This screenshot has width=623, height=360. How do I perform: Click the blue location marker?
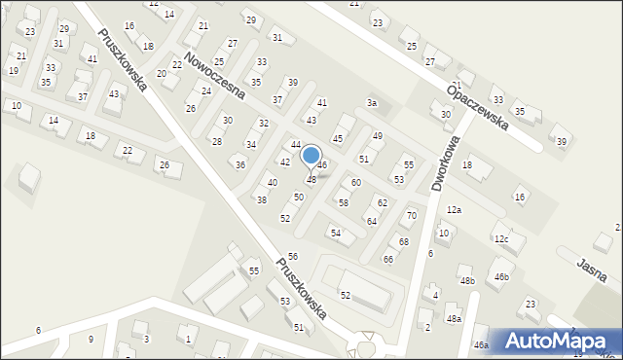coord(311,156)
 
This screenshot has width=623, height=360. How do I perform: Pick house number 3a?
coord(371,102)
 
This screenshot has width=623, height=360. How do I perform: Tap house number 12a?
coord(454,209)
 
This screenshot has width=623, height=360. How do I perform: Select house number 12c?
coord(500,238)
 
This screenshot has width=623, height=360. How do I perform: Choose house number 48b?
coord(467,281)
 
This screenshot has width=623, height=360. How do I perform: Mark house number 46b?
coord(501,277)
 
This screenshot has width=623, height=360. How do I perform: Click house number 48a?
coord(454,318)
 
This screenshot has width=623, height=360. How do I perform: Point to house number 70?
coord(411,215)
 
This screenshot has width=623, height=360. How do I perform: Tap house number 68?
coord(403,241)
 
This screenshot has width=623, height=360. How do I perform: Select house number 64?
coord(371,222)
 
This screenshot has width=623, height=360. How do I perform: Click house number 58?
coord(343,202)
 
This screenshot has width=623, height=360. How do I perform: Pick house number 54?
coord(335,233)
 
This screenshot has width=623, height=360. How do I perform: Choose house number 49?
coord(377,135)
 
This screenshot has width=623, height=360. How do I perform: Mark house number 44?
coord(295,144)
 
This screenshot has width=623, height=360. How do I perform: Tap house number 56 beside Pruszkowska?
coord(292,256)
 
